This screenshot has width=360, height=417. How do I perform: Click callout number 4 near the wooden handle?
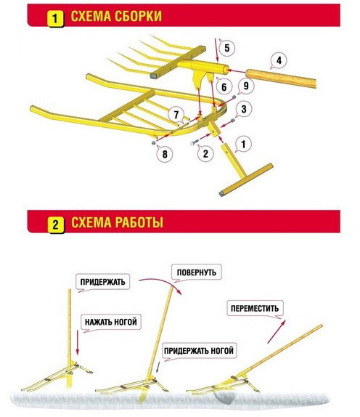coord(279,60)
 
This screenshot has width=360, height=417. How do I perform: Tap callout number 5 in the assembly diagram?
coord(226,48)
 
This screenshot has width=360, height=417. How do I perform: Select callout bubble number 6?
coord(224,86)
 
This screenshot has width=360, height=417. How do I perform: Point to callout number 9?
coord(246,86)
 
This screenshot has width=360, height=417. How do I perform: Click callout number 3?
coord(244,109)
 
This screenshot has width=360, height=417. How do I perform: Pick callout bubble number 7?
coord(176,115)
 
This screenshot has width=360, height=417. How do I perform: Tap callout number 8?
coord(165,154)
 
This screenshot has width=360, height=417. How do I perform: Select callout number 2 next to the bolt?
coord(205,153)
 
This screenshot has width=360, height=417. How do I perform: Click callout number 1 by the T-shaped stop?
coord(243,144)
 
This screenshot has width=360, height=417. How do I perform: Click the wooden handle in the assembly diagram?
coord(281,78)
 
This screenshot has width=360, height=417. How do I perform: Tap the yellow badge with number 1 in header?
coord(55,19)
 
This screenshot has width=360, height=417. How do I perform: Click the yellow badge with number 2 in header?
coord(56,225)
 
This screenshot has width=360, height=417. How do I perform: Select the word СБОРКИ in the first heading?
coord(138,16)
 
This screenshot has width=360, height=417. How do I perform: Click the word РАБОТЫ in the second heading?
coord(140,222)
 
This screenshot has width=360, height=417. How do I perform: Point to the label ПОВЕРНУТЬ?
coord(197,272)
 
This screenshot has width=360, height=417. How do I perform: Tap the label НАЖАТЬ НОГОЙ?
coord(111,322)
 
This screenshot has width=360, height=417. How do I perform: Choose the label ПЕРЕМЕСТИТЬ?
coord(255,308)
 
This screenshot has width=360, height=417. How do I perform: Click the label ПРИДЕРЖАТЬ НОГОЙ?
coord(199,350)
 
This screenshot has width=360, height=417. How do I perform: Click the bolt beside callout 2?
coord(195,142)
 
